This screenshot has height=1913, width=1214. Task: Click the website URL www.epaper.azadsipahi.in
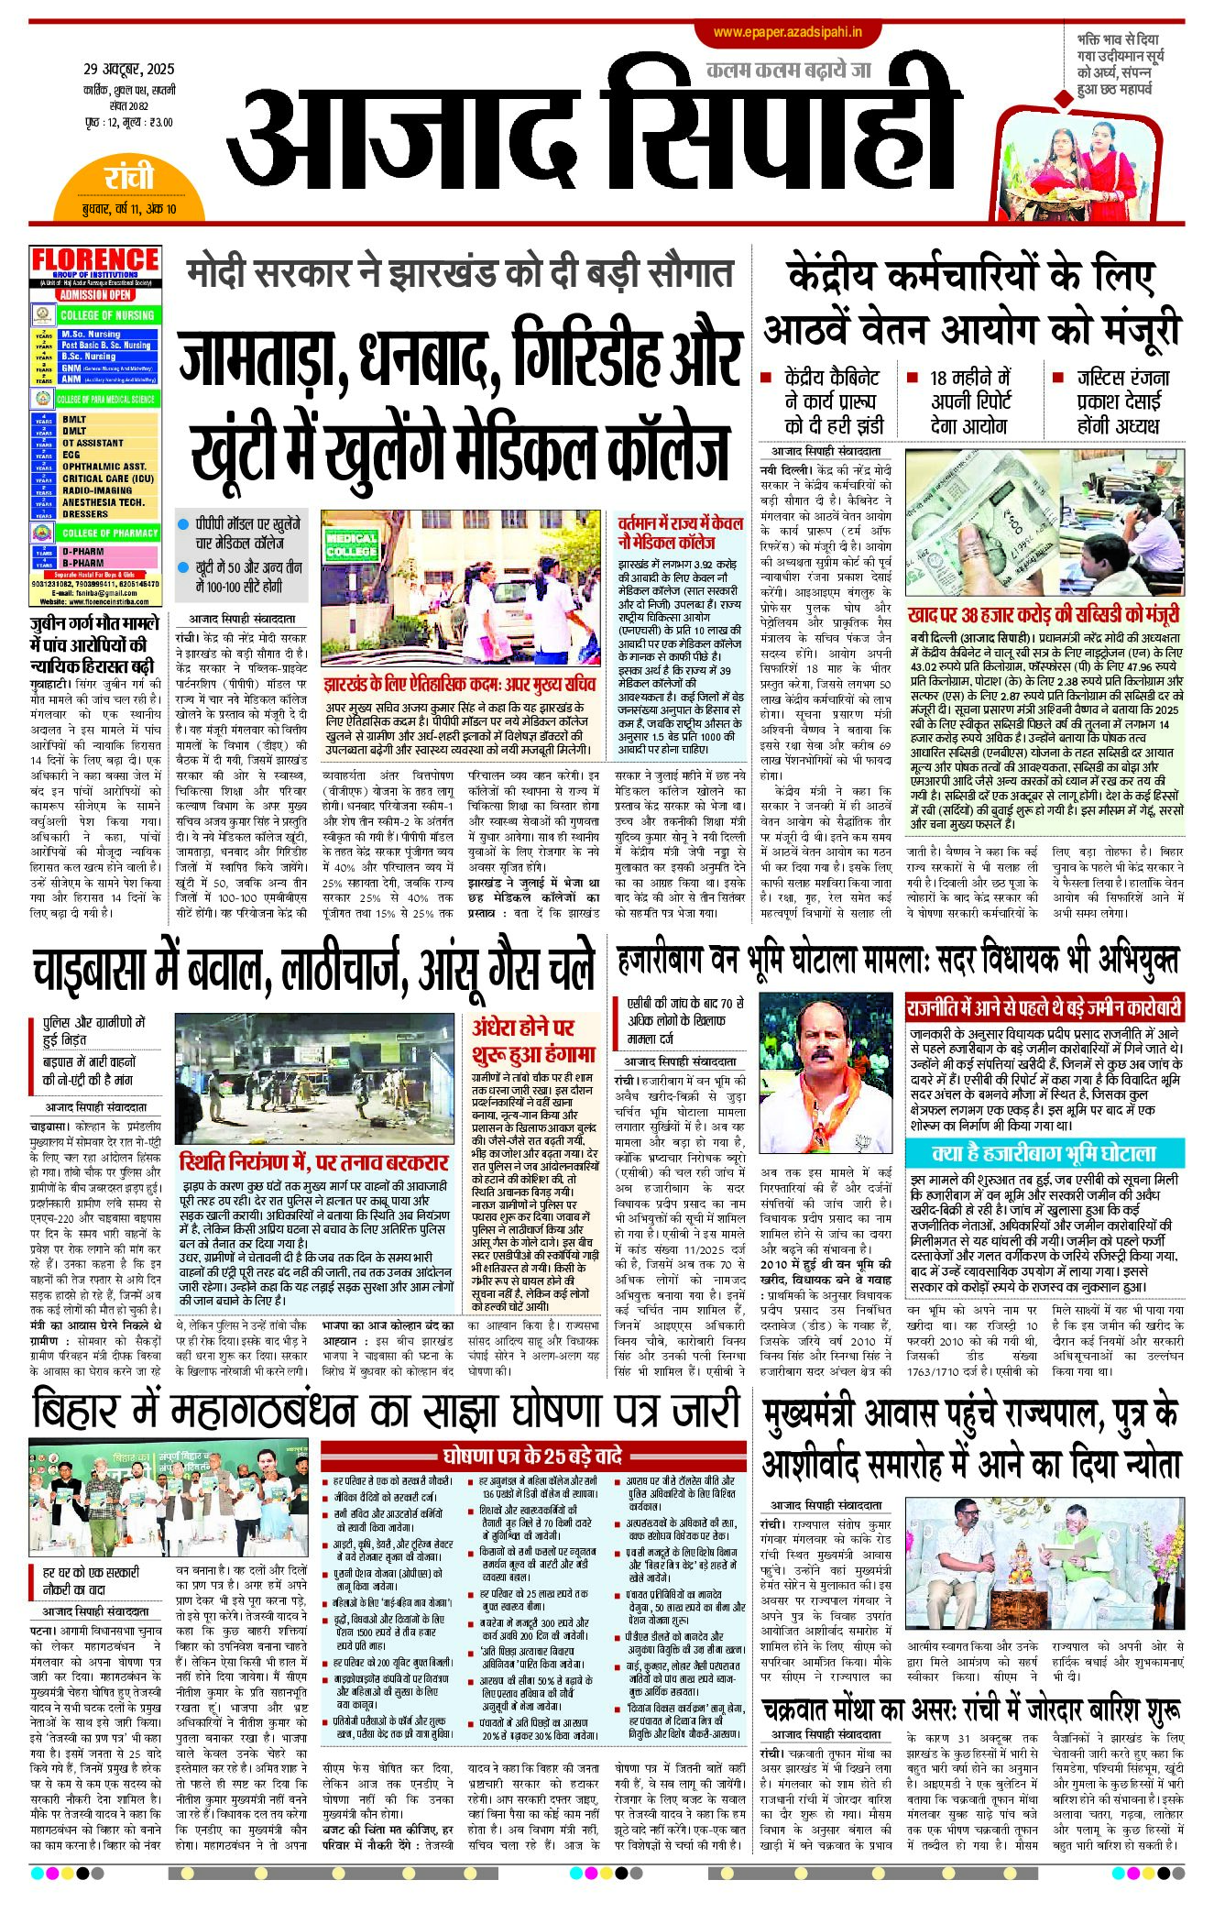[x=787, y=32]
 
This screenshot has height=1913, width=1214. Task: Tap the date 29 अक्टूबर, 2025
[x=128, y=69]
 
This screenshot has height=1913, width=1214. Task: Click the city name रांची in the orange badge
[x=128, y=177]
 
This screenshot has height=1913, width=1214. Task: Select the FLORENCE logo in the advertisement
[x=95, y=260]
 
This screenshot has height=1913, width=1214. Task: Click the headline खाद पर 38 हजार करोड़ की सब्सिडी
[x=1044, y=615]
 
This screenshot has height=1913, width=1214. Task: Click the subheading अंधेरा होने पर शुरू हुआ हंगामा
[x=534, y=1039]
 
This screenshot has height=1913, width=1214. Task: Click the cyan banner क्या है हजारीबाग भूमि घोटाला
[x=1044, y=1153]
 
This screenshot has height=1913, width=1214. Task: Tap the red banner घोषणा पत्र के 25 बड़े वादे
[x=532, y=1456]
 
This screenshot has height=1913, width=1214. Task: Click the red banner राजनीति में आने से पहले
[x=1044, y=1008]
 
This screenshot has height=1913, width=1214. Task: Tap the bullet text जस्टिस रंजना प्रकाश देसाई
[x=1122, y=401]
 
